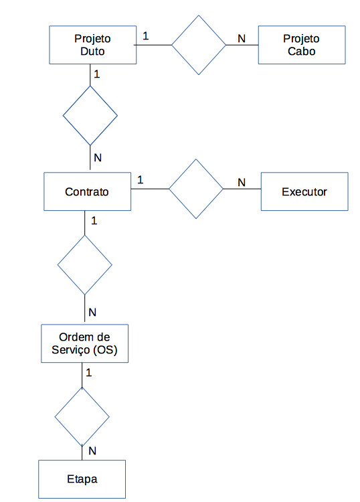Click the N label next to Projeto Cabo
tap(242, 39)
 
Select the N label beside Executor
tap(242, 183)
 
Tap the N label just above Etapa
tap(92, 450)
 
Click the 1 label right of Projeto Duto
tap(146, 36)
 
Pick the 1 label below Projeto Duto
tap(96, 74)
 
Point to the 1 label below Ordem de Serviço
tap(88, 372)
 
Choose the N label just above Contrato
tap(98, 157)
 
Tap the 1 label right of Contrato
tap(140, 180)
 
